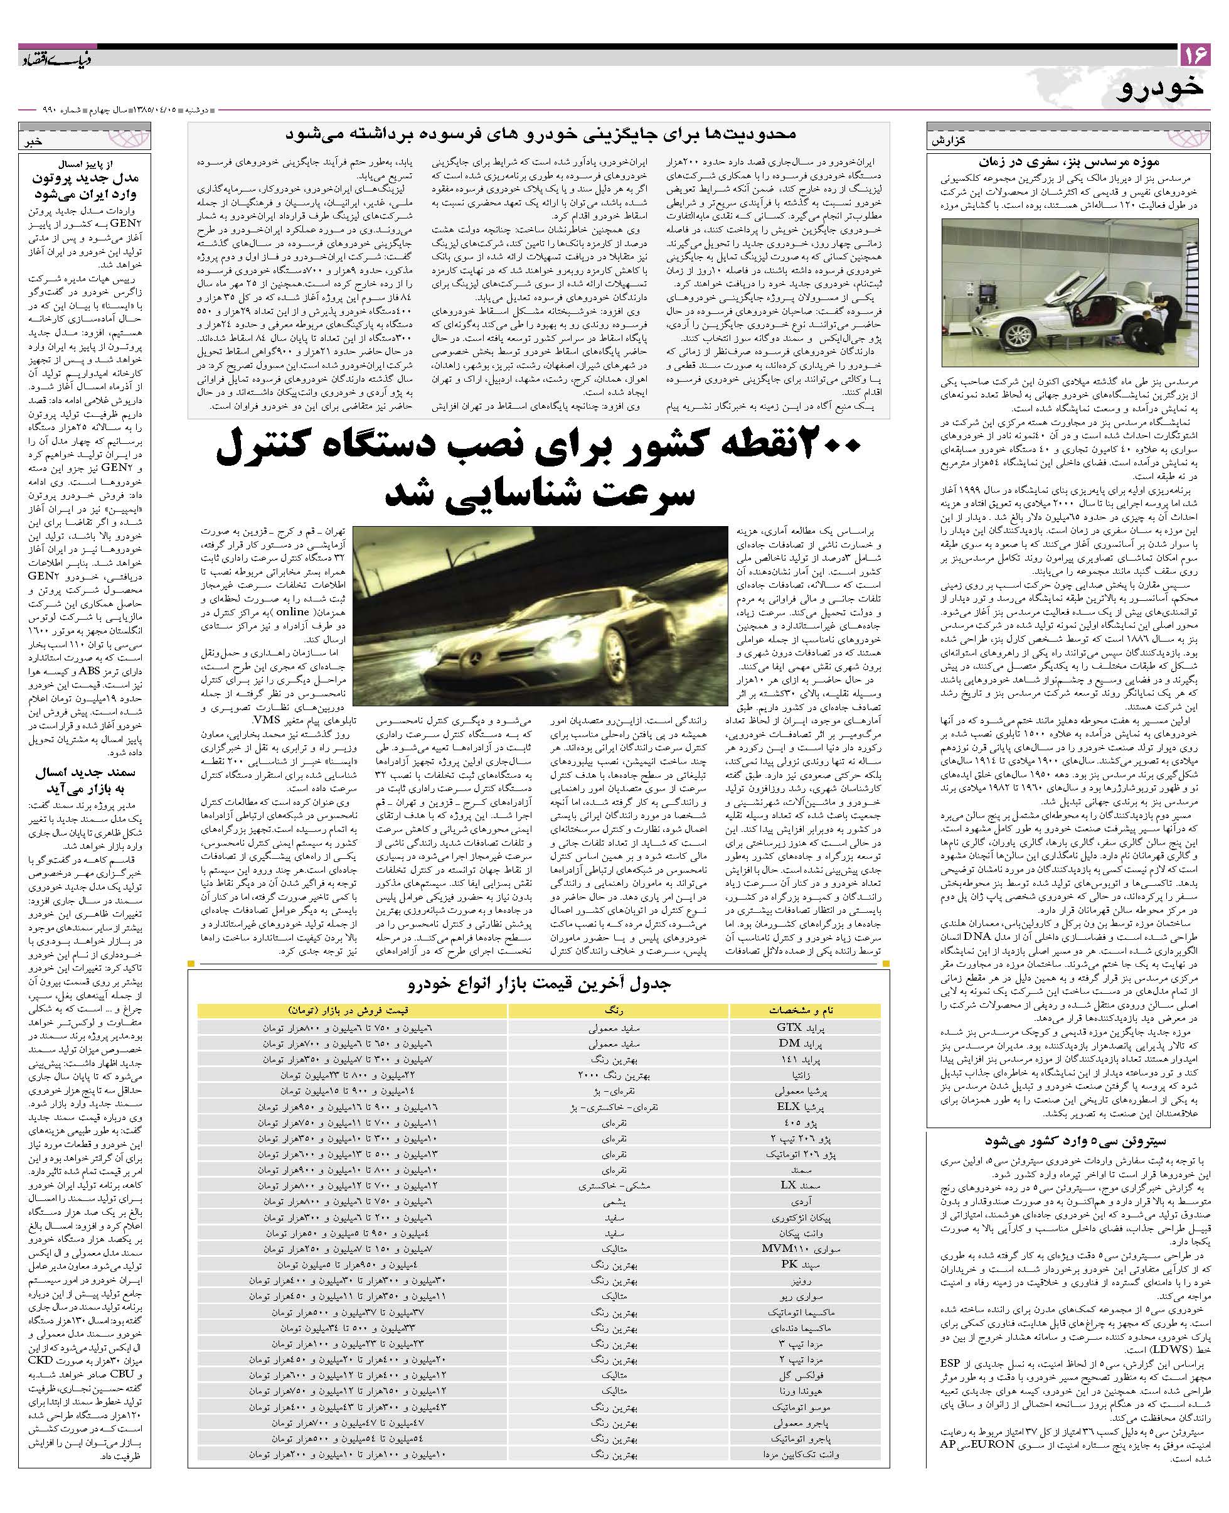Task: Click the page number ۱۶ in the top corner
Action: click(1194, 54)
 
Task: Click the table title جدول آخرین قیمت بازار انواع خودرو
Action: click(540, 984)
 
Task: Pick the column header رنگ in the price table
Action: click(618, 1010)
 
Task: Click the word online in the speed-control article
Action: click(293, 612)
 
